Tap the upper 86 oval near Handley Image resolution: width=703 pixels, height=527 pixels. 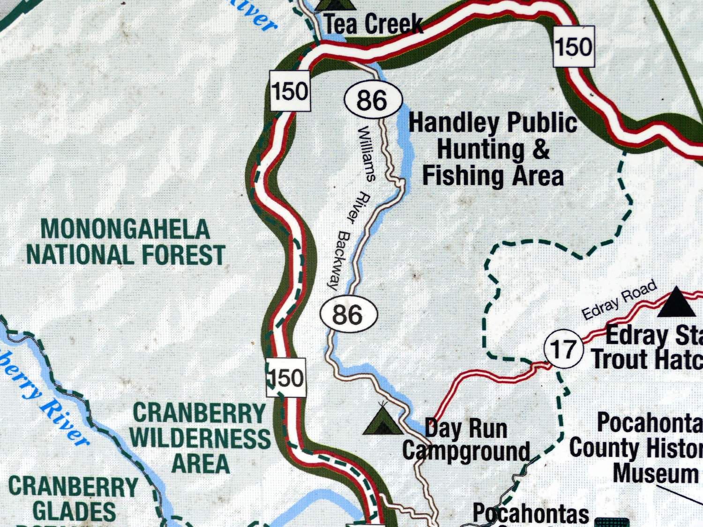click(373, 100)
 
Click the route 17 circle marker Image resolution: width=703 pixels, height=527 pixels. click(563, 349)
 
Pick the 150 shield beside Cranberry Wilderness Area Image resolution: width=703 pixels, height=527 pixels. click(286, 378)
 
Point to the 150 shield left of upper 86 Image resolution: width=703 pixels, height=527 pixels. click(290, 90)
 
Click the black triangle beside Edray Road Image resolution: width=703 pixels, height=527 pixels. click(676, 304)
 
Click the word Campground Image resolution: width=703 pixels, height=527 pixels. click(466, 451)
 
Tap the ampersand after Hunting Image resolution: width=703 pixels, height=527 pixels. click(541, 149)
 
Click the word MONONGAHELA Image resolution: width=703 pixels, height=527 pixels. click(125, 230)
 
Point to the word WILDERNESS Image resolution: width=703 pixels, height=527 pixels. click(200, 438)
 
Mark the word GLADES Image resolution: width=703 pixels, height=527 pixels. click(75, 511)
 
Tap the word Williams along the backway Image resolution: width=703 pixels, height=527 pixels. click(366, 153)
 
